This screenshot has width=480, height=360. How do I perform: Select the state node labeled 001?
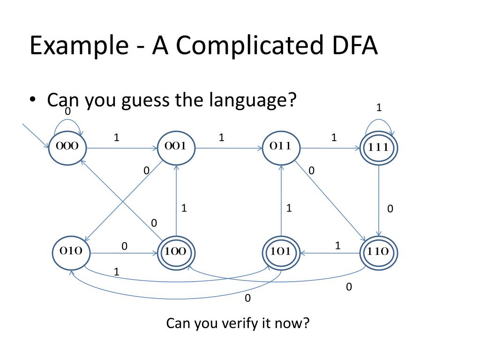[176, 146]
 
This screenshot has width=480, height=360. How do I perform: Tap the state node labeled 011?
[281, 146]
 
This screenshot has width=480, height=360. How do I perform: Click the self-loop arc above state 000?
[67, 120]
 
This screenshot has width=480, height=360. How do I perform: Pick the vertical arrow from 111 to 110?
[379, 202]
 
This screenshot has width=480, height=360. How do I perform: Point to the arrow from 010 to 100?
[123, 254]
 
